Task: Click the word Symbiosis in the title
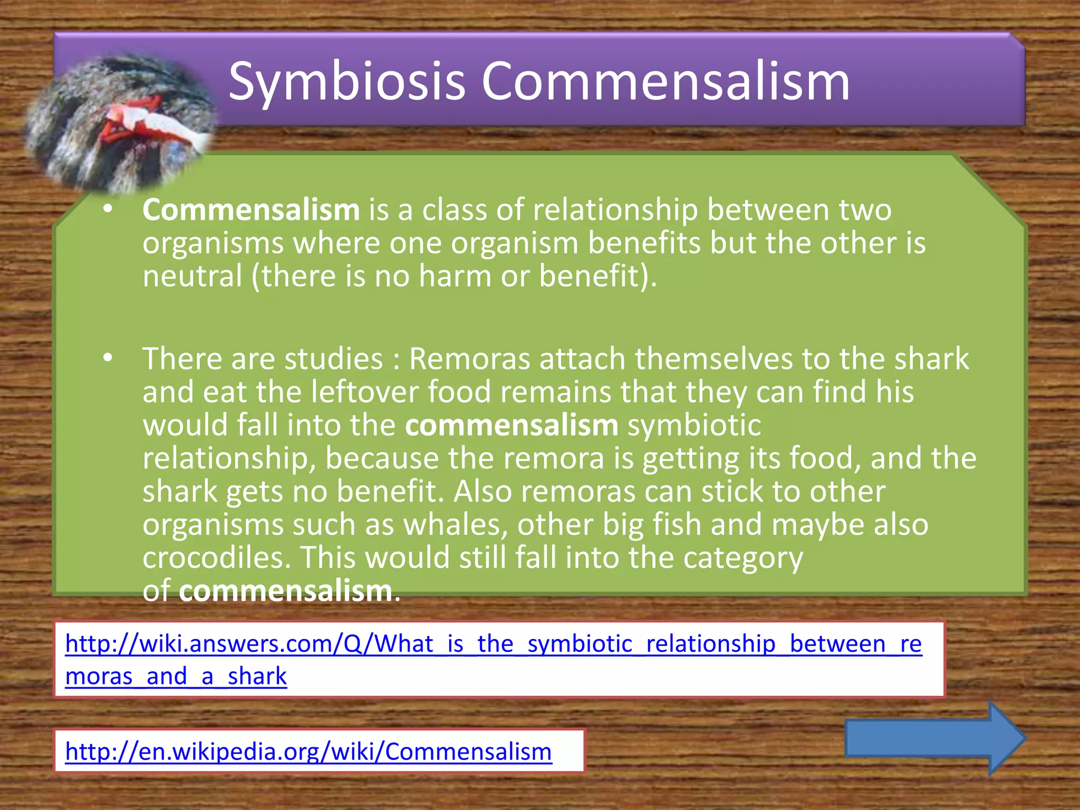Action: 346,82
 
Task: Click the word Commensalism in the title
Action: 666,82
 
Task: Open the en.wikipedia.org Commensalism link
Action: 308,751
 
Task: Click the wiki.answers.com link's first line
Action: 493,644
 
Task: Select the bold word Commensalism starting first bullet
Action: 251,210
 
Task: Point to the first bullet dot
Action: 108,210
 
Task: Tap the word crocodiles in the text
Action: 216,557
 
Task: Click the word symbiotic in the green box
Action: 694,426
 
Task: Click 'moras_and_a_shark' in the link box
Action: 176,676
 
